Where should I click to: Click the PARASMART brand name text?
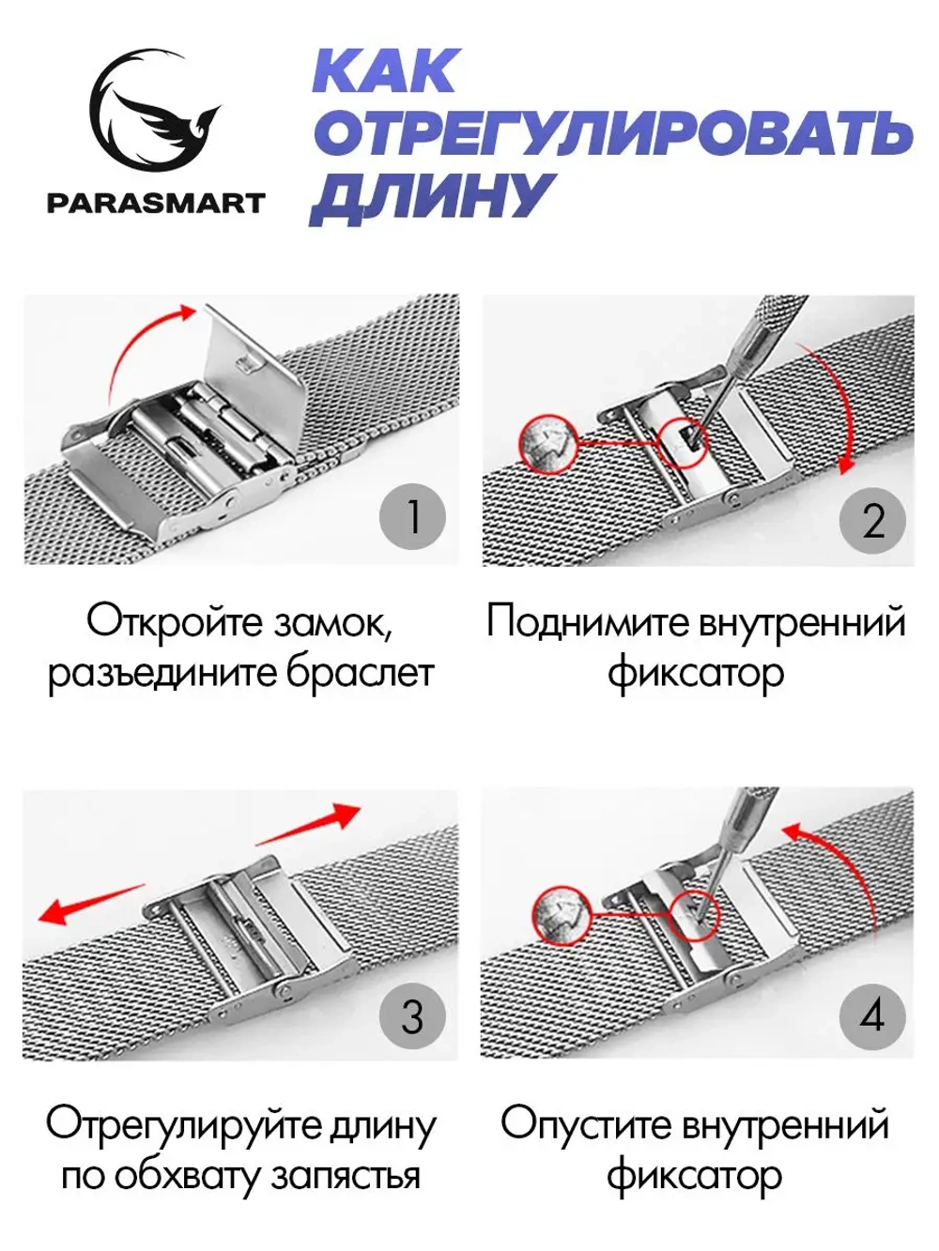[156, 203]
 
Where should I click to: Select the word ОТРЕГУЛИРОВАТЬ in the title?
[612, 134]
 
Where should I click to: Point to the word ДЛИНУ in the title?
[431, 198]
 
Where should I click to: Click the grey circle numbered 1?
[411, 517]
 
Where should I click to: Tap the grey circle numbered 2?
[872, 520]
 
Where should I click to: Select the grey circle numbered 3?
[411, 1016]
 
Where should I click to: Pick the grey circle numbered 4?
[871, 1016]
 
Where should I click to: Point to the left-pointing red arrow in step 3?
[89, 902]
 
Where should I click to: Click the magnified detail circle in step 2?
[547, 442]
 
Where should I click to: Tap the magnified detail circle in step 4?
[561, 912]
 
